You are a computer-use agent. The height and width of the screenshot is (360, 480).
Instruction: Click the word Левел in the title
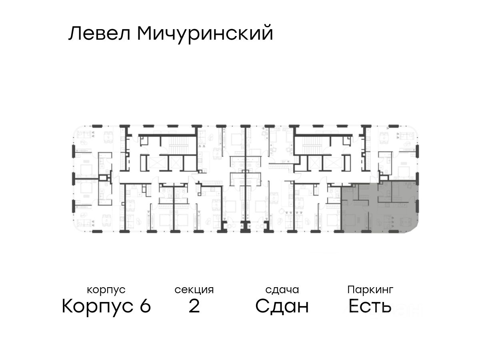pyautogui.click(x=100, y=34)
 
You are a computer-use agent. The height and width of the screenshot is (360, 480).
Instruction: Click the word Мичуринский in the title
pyautogui.click(x=205, y=34)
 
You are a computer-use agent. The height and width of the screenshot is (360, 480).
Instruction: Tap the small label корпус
pyautogui.click(x=106, y=290)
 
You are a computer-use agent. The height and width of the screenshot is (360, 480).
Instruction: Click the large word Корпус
pyautogui.click(x=97, y=307)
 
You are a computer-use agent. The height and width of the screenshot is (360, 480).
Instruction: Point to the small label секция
pyautogui.click(x=194, y=290)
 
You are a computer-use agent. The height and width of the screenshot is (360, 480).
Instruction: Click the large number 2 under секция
pyautogui.click(x=194, y=307)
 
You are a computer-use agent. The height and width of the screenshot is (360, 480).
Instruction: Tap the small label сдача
pyautogui.click(x=282, y=290)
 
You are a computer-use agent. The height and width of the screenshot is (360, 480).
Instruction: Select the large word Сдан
pyautogui.click(x=282, y=307)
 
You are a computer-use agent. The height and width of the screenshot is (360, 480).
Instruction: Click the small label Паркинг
pyautogui.click(x=370, y=290)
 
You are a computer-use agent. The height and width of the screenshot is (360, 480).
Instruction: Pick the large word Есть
pyautogui.click(x=370, y=307)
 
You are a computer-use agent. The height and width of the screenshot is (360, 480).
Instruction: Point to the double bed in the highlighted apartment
pyautogui.click(x=352, y=220)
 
